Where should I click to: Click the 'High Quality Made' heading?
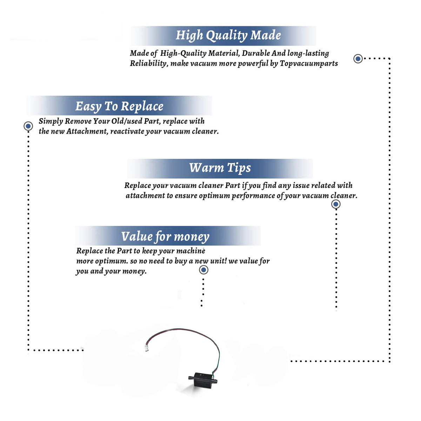[x=228, y=35]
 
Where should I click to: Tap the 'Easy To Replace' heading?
[x=119, y=106]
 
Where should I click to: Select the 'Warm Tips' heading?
[x=220, y=168]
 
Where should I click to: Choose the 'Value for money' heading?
[x=165, y=236]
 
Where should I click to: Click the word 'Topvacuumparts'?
[x=309, y=64]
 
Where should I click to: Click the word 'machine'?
[x=191, y=251]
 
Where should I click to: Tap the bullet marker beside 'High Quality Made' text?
[x=358, y=59]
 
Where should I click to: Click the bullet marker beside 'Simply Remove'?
[x=28, y=126]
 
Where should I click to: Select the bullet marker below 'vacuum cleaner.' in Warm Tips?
[x=336, y=204]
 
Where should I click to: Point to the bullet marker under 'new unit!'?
[x=203, y=270]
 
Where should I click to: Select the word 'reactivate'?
[x=127, y=132]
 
